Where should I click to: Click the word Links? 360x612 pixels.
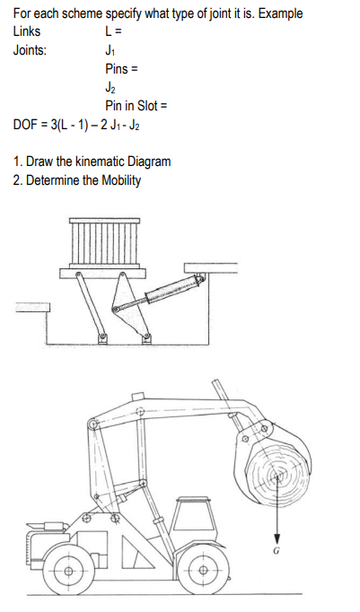coord(28,31)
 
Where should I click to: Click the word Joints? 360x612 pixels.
coord(31,49)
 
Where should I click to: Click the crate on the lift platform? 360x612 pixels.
coord(101,242)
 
